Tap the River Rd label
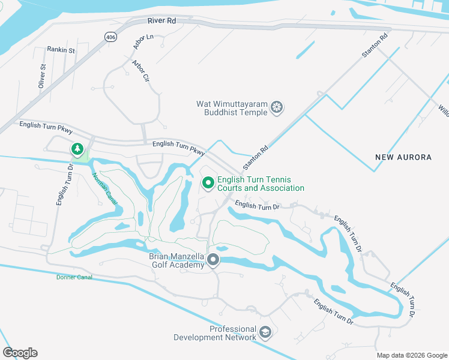(x=162, y=20)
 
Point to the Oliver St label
(x=42, y=77)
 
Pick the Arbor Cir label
(x=141, y=70)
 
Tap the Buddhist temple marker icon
(x=277, y=108)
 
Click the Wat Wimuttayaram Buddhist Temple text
(x=231, y=108)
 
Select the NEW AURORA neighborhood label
(x=403, y=157)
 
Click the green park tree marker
(x=77, y=148)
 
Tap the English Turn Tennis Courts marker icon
(x=208, y=182)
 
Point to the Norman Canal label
(x=104, y=188)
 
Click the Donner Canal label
(x=74, y=277)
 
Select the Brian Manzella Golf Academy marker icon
(x=213, y=260)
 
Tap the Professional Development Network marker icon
(x=265, y=332)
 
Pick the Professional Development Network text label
(x=215, y=333)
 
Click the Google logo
(x=20, y=353)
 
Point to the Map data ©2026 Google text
(x=412, y=355)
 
